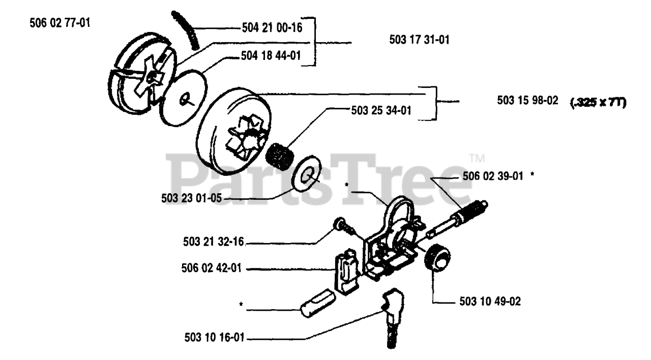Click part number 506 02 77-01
coord(61,23)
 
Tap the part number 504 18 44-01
coord(270,57)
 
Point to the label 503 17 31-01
coord(420,40)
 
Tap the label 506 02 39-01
coord(493,176)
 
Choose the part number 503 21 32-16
coord(214,244)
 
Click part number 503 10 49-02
coord(487,302)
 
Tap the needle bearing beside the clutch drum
coord(279,153)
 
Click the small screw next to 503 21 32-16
coord(342,224)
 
